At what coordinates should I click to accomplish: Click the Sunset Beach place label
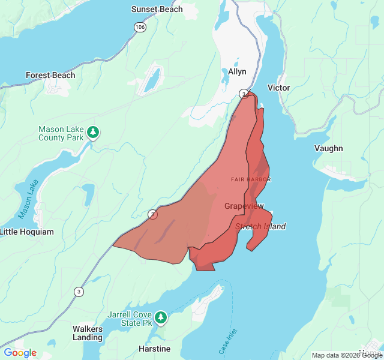157,9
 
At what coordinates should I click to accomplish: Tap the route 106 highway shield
140,27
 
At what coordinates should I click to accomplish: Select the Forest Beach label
50,75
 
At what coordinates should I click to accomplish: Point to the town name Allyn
237,71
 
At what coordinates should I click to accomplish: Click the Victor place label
278,88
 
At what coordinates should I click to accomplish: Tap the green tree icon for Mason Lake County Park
92,131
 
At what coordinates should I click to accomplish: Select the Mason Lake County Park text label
61,133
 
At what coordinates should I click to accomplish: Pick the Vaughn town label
329,148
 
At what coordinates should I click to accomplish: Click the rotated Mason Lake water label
28,199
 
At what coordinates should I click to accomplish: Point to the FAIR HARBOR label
251,179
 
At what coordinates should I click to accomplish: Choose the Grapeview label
244,206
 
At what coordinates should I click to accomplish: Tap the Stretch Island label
260,226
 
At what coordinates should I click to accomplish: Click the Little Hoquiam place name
26,232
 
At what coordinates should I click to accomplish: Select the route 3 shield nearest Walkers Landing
79,292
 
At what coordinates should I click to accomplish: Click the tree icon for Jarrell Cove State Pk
161,316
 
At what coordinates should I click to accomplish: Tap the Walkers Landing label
88,333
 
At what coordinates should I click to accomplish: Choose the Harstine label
154,349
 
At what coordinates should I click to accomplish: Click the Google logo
20,352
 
